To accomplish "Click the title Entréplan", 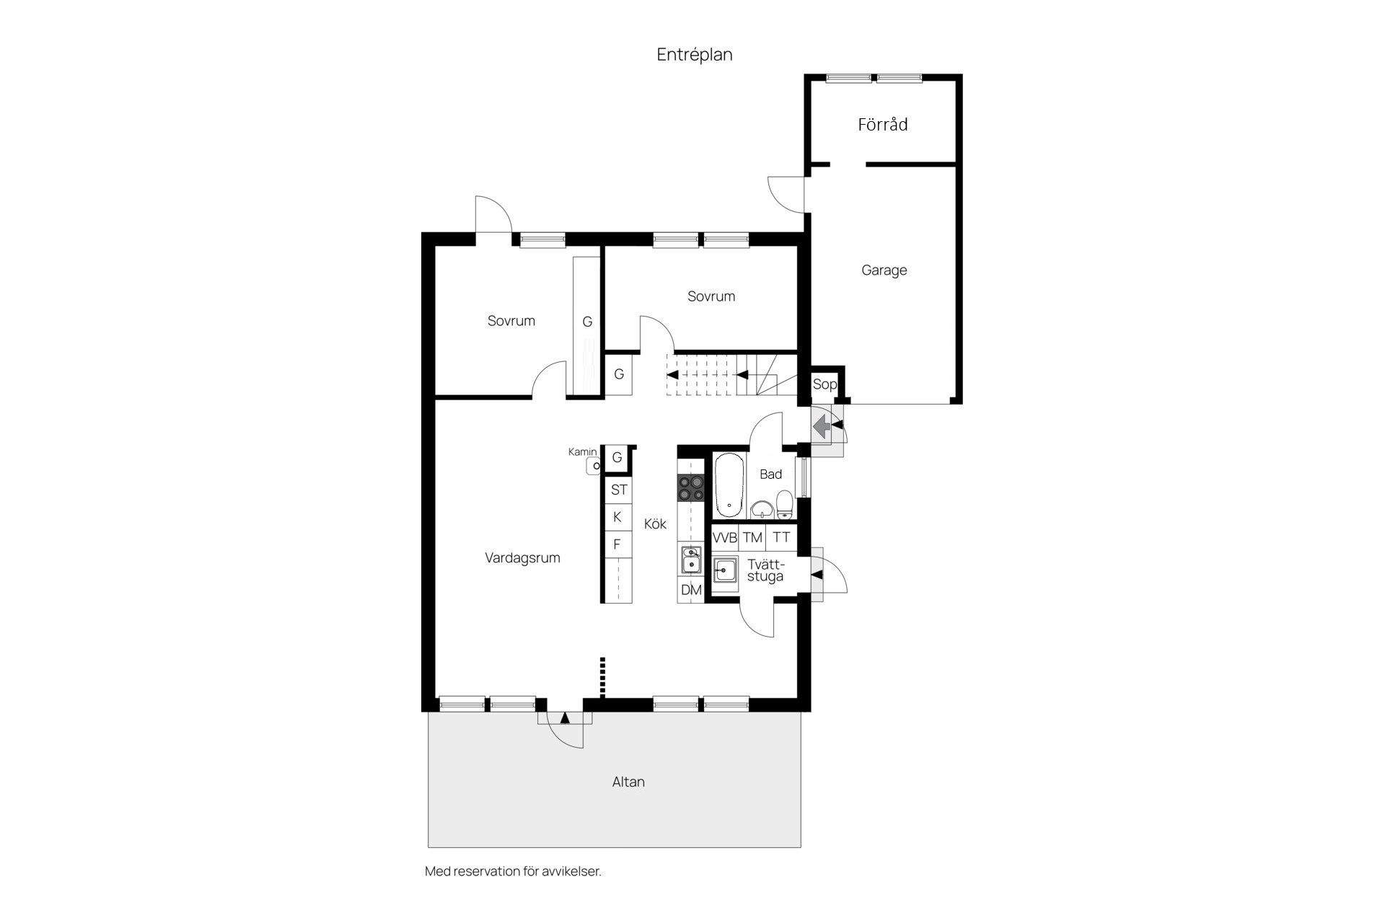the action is pyautogui.click(x=695, y=55).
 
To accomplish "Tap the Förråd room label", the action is pyautogui.click(x=882, y=124).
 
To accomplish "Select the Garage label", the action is pyautogui.click(x=884, y=270).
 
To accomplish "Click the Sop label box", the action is pyautogui.click(x=825, y=384).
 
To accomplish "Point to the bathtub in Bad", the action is pyautogui.click(x=729, y=485).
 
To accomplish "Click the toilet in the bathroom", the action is pyautogui.click(x=784, y=505).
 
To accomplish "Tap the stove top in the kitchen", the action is pyautogui.click(x=690, y=488).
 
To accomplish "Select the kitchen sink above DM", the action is pyautogui.click(x=690, y=560).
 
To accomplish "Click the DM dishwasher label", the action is pyautogui.click(x=691, y=590).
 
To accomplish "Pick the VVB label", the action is pyautogui.click(x=725, y=538).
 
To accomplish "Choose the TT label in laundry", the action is pyautogui.click(x=781, y=537).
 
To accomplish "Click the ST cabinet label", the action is pyautogui.click(x=619, y=490).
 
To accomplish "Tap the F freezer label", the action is pyautogui.click(x=617, y=544).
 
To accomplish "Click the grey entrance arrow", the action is pyautogui.click(x=821, y=428).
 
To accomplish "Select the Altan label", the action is pyautogui.click(x=628, y=782).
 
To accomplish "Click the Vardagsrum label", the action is pyautogui.click(x=522, y=558).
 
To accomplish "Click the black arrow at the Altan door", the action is pyautogui.click(x=565, y=717).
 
